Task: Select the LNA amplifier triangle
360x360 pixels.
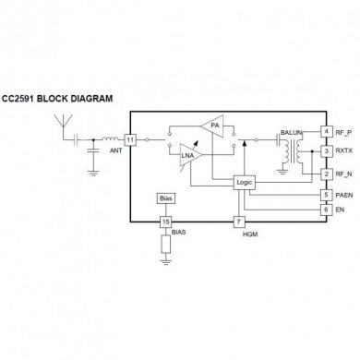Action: click(191, 157)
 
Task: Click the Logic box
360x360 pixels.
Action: click(245, 183)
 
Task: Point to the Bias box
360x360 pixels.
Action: click(165, 198)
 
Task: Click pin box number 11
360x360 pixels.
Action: click(130, 139)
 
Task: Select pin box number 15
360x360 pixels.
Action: click(165, 222)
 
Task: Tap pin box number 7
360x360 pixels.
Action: click(239, 222)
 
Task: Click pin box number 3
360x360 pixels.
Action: click(325, 151)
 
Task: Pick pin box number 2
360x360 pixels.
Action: click(325, 173)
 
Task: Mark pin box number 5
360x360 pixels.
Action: click(325, 195)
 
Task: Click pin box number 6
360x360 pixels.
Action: click(325, 210)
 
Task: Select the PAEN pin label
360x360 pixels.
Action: click(344, 195)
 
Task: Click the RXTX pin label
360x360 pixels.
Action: click(344, 151)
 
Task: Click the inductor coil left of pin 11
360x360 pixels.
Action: click(109, 139)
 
